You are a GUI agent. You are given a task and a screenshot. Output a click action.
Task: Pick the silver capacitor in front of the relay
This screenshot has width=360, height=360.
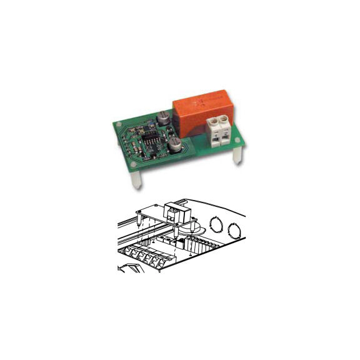[175, 146]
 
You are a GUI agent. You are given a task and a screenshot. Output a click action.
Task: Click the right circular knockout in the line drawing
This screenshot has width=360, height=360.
[236, 231]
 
